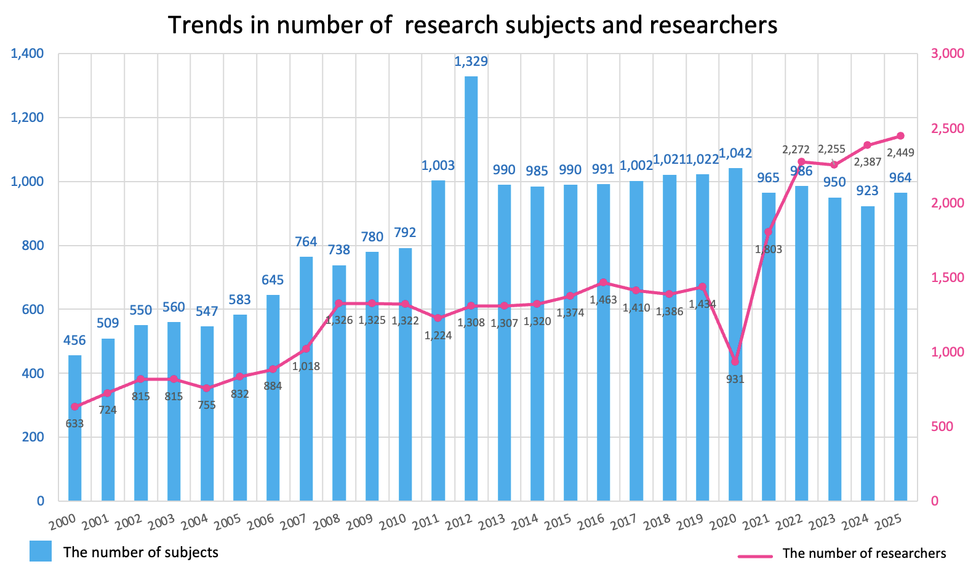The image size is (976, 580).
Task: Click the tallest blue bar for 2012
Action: pos(471,289)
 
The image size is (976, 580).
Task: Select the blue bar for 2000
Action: pos(74,429)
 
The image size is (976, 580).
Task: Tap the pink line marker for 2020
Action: pos(735,361)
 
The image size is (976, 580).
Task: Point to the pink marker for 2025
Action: pos(901,136)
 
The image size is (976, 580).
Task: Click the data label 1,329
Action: pos(471,62)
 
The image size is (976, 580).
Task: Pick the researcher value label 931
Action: pos(735,379)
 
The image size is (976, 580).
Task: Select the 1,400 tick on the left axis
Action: pos(28,54)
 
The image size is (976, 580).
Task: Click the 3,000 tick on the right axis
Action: pos(948,54)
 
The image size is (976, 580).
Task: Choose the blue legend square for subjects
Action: pos(41,551)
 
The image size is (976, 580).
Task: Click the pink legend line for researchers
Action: pos(755,557)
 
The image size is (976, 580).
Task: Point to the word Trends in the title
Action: pos(206,25)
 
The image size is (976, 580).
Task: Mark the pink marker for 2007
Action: pos(306,349)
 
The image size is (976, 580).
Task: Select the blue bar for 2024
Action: pos(868,353)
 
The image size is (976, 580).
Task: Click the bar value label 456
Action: pos(74,340)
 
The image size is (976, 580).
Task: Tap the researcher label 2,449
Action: pos(901,153)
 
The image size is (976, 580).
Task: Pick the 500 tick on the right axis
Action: pos(942,427)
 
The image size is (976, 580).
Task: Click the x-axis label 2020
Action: pos(724,522)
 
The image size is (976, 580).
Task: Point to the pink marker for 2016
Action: pos(603,283)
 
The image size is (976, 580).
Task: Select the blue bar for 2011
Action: pos(438,340)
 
